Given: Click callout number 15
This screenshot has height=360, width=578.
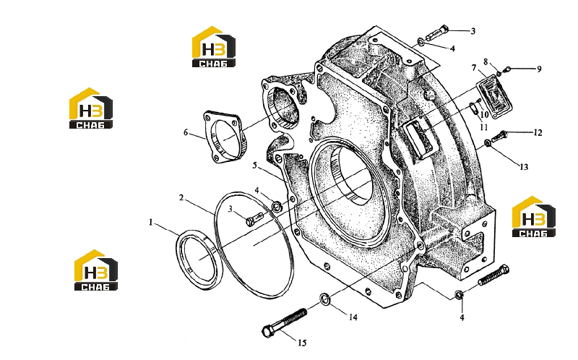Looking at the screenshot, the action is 302,343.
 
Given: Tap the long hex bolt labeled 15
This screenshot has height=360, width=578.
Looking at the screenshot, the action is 284,322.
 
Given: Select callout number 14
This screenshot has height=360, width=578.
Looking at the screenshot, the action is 353,317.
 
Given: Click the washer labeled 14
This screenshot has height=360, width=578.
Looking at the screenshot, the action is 324,299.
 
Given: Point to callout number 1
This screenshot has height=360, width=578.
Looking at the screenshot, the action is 150,223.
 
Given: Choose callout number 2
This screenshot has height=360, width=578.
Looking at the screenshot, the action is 181,198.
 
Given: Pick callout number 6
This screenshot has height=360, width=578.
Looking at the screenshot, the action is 186,132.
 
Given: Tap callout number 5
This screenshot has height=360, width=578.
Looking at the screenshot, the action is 255,166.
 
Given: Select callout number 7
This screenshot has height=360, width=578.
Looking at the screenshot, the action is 474,68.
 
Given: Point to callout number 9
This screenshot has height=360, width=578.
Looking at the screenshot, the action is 539,69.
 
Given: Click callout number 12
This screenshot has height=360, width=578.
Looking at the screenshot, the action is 538,133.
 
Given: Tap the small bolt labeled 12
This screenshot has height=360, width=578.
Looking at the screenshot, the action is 499,137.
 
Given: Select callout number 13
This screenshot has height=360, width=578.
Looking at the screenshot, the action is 524,167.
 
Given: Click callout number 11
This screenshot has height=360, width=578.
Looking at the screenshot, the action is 483,127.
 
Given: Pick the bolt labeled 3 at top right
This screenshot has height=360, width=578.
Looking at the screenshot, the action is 438,33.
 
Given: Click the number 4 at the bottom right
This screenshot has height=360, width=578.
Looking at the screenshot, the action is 462,317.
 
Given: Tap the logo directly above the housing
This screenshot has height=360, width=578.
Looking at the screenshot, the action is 214,47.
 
